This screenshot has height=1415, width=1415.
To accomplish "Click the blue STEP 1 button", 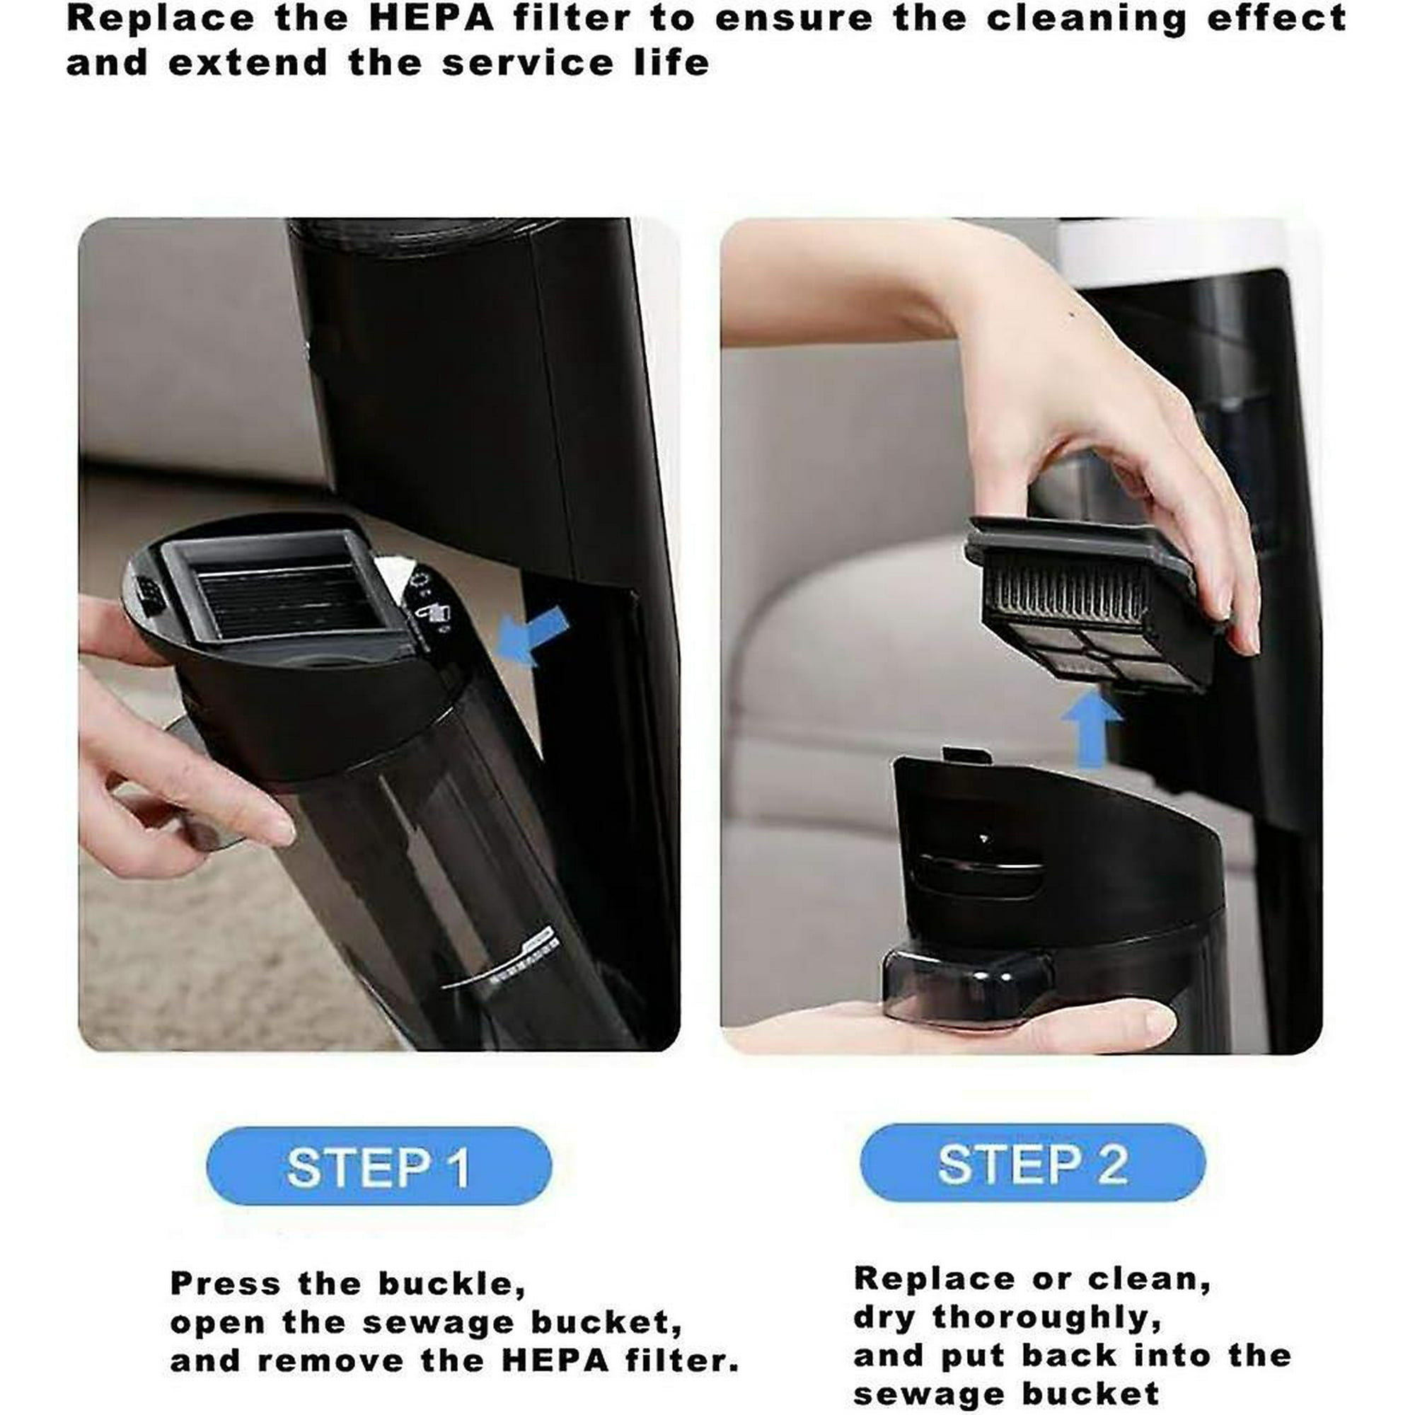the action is point(379,1167).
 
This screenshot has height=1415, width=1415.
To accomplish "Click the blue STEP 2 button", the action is point(1032,1164).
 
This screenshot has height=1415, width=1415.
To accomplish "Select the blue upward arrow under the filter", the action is point(1091,729).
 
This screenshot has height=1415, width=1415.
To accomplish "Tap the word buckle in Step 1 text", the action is point(451,1285).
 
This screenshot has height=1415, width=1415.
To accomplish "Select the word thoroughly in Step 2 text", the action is point(1047,1319).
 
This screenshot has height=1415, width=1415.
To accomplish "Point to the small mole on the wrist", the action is point(1073,316).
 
